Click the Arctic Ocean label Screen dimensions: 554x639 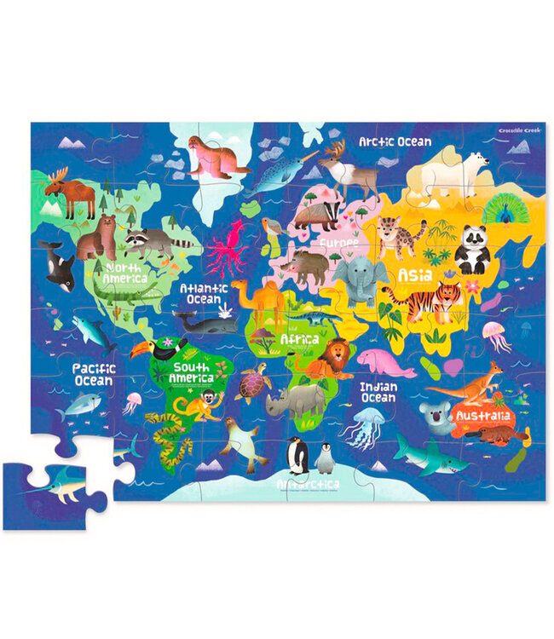(x=395, y=142)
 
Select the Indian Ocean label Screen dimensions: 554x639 (x=378, y=392)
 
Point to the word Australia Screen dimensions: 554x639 (x=482, y=416)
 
